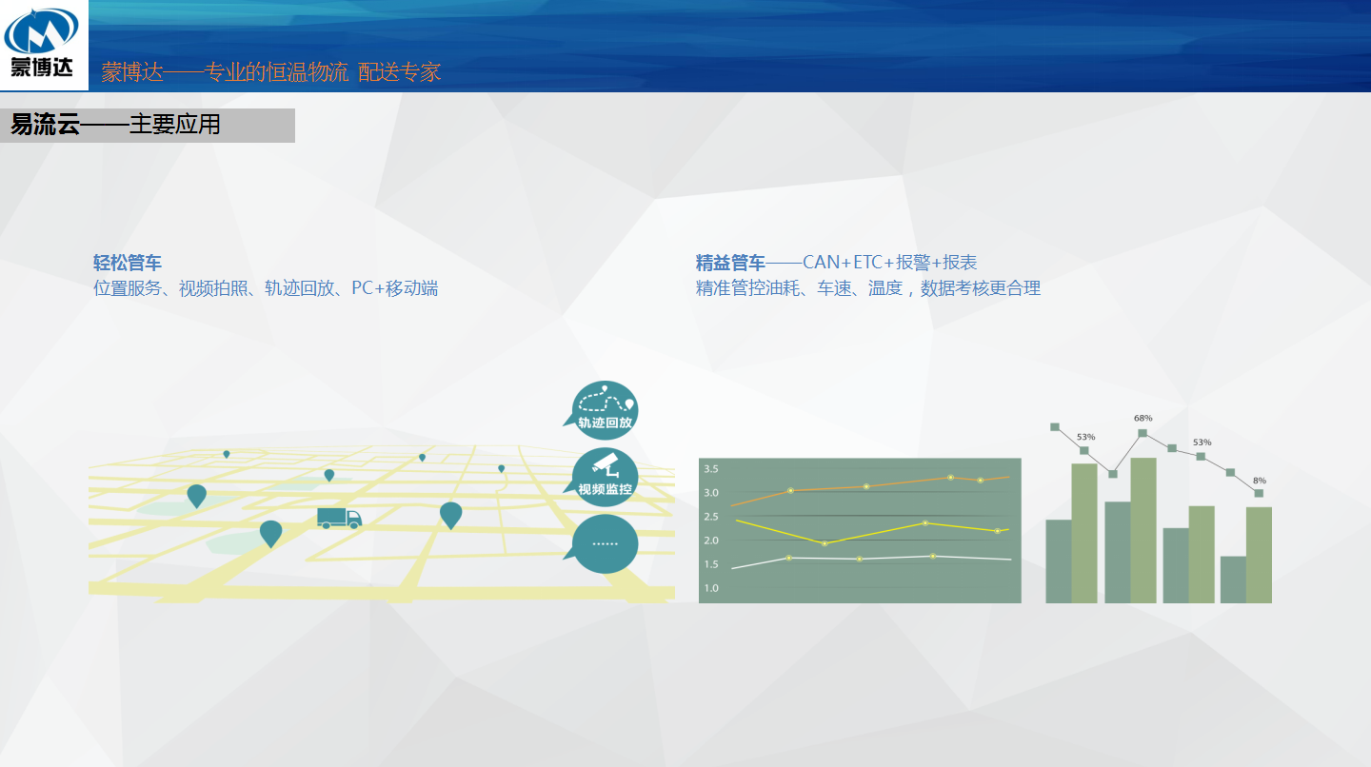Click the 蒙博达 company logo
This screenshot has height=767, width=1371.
tap(42, 43)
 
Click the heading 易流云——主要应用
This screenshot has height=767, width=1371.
tap(115, 125)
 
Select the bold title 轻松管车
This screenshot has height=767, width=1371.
tap(128, 263)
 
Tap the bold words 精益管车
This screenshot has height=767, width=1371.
tap(730, 263)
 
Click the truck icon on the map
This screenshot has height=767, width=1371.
tap(339, 518)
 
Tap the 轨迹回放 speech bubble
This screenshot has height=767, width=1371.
tap(603, 410)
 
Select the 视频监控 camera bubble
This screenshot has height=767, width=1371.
tap(603, 477)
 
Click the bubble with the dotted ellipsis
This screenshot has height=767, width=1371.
tap(603, 543)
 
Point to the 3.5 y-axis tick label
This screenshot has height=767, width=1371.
tap(710, 469)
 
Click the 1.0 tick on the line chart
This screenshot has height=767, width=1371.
tap(710, 588)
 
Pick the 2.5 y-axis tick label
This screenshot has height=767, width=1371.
tap(710, 517)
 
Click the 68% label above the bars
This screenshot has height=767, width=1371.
tap(1142, 419)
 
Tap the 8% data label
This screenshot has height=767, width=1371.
tap(1259, 481)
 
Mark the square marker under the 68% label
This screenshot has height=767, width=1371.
tap(1142, 433)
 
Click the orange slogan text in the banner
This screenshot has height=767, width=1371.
tap(270, 72)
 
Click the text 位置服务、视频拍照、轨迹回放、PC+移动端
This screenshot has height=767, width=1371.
tap(266, 288)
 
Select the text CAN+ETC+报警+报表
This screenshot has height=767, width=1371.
tap(889, 263)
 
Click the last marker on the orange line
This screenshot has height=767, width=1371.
tap(981, 481)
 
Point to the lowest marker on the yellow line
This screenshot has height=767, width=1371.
tap(825, 543)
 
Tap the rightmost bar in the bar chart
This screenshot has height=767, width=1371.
tap(1259, 556)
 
